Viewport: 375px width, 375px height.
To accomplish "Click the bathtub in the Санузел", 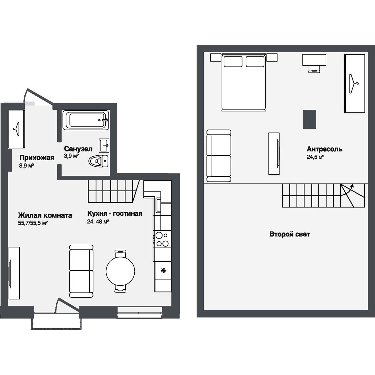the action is [86, 120].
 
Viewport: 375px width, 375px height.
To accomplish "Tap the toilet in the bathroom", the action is [98, 161].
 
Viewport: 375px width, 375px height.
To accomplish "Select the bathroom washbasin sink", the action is [104, 145].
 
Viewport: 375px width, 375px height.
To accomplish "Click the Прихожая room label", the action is [37, 157].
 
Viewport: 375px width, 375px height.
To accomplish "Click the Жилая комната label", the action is [45, 215].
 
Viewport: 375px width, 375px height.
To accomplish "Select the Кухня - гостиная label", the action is [115, 213].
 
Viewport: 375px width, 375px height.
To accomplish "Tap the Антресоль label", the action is [324, 149].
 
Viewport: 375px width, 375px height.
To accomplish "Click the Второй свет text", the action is [290, 234].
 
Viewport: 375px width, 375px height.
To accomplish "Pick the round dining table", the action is [120, 271].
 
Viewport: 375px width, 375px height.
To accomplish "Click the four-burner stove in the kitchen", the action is [162, 239].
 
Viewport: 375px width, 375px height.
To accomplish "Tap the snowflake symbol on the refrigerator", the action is [163, 270].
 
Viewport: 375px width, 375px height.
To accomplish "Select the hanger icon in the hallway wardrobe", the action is [16, 129].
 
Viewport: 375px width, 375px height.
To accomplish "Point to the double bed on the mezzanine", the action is [243, 82].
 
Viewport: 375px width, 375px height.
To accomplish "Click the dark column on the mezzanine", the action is [309, 119].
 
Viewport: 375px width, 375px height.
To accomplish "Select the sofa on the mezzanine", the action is [219, 156].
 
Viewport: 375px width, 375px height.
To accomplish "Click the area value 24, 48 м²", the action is [98, 222].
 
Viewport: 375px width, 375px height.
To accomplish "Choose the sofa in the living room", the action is [81, 271].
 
